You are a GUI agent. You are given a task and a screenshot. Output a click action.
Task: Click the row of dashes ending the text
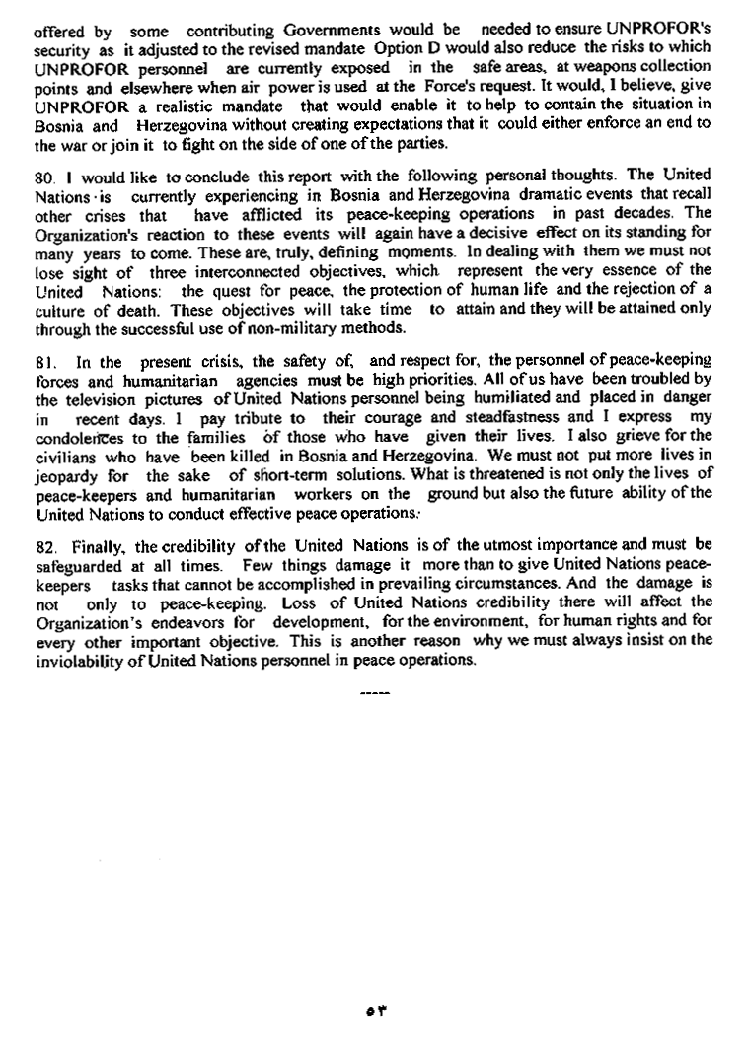pos(375,692)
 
